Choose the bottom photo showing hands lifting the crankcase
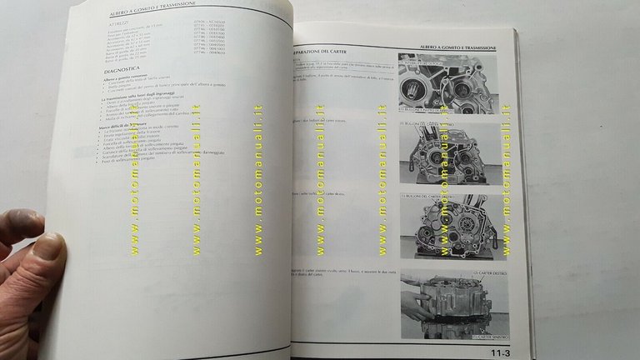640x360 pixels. (455, 304)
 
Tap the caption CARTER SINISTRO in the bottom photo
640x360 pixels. (487, 338)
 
